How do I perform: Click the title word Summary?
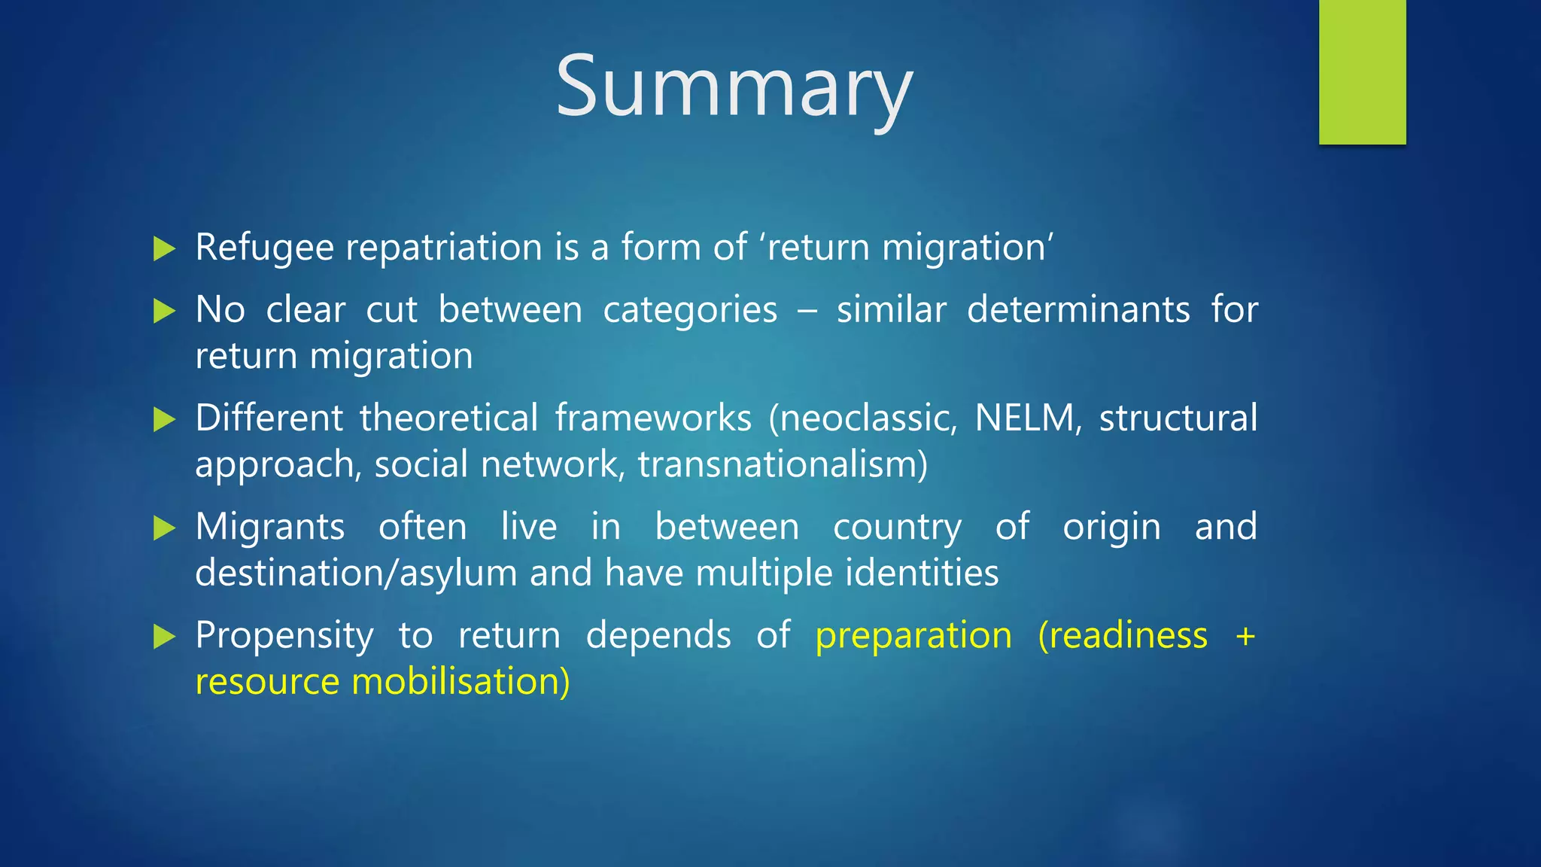click(734, 87)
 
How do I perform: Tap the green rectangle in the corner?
click(1362, 71)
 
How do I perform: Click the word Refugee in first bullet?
click(264, 248)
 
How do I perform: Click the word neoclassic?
click(863, 418)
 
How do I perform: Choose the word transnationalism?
click(783, 464)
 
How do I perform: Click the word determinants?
click(1078, 310)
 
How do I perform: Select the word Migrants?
click(270, 527)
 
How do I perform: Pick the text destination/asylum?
click(356, 573)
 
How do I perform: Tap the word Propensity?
click(284, 636)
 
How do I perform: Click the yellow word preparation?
click(913, 636)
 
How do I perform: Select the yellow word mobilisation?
click(460, 682)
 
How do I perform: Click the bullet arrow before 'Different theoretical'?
click(163, 419)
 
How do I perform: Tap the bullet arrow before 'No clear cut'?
click(163, 311)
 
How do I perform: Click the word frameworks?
click(653, 418)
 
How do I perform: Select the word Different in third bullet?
click(269, 418)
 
